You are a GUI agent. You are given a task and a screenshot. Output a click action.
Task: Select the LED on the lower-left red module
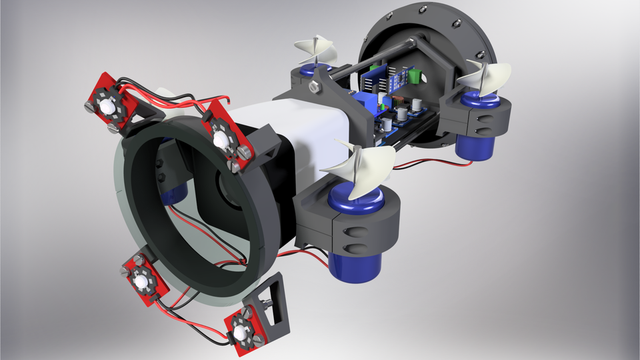[141, 283]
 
